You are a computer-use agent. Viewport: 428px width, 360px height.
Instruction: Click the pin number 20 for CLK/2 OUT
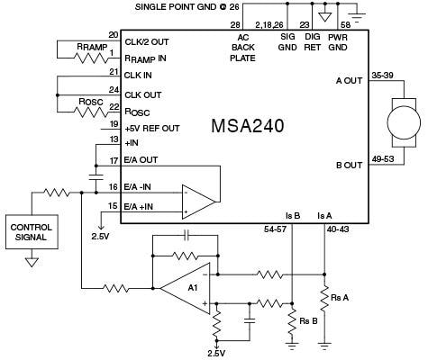[113, 34]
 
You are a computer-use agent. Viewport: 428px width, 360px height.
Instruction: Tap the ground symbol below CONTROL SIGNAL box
[32, 262]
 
